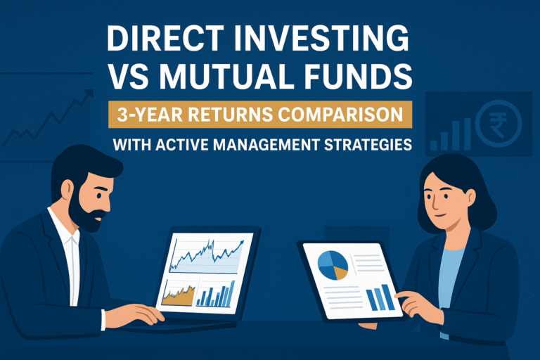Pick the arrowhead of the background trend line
(x=88, y=94)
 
